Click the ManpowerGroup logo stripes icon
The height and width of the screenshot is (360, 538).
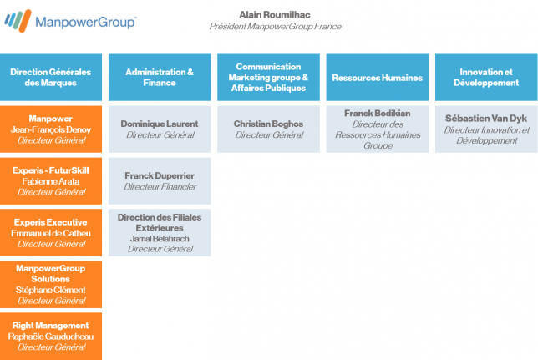coord(18,21)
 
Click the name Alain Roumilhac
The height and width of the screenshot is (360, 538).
coord(275,15)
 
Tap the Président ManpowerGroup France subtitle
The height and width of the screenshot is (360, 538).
coord(275,27)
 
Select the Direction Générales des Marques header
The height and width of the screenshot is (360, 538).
coord(51,77)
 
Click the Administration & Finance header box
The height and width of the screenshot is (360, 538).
coord(160,77)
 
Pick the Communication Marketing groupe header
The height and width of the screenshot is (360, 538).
coord(268,77)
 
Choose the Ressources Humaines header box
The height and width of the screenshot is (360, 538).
coord(378,77)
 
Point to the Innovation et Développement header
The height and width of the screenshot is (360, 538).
coord(486,77)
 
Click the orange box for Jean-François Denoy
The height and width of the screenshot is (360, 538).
coord(51,129)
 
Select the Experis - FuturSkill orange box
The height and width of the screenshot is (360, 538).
coord(51,181)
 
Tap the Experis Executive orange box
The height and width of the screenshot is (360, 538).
coord(51,233)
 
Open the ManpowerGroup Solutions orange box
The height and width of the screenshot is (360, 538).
coord(51,285)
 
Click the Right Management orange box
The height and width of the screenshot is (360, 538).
coord(51,337)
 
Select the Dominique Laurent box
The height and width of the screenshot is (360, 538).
coord(160,129)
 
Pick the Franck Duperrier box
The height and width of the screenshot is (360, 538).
coord(160,181)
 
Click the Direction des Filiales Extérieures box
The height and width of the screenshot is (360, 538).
coord(160,233)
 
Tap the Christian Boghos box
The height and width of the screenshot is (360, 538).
coord(268,129)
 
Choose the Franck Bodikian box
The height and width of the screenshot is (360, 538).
coord(378,129)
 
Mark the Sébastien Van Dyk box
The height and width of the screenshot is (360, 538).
coord(486,129)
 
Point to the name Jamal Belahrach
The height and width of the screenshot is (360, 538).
coord(160,239)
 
